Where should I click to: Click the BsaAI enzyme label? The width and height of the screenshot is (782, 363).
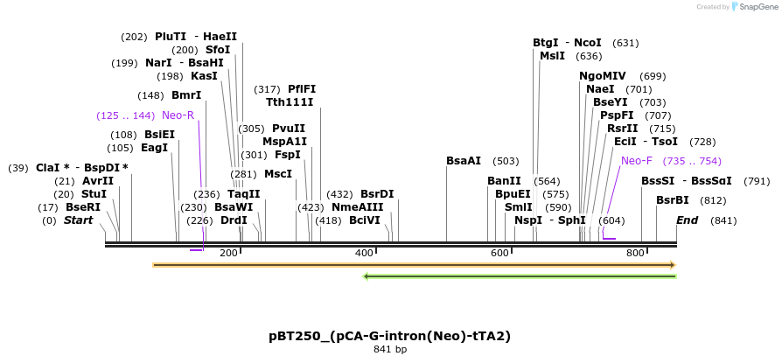click(x=464, y=161)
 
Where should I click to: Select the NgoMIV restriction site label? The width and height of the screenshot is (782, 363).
click(x=603, y=76)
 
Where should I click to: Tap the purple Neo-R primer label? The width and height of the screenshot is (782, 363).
click(x=178, y=115)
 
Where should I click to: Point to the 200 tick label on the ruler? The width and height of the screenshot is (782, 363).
click(x=228, y=253)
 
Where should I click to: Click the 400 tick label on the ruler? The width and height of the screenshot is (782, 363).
click(x=364, y=253)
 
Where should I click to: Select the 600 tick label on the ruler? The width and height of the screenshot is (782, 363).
click(x=499, y=253)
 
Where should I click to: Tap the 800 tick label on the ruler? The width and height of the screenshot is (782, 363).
click(x=635, y=253)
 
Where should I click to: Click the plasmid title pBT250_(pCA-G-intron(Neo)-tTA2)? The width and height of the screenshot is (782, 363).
click(x=389, y=336)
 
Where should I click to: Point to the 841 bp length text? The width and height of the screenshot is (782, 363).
click(x=389, y=350)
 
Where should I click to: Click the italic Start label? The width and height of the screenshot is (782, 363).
click(x=78, y=220)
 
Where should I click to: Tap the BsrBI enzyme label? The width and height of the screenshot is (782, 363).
click(x=673, y=200)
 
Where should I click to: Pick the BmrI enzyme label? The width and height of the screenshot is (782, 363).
click(x=186, y=95)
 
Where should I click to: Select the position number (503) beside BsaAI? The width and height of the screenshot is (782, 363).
click(x=505, y=161)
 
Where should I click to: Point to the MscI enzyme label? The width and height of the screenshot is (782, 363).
click(x=278, y=174)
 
